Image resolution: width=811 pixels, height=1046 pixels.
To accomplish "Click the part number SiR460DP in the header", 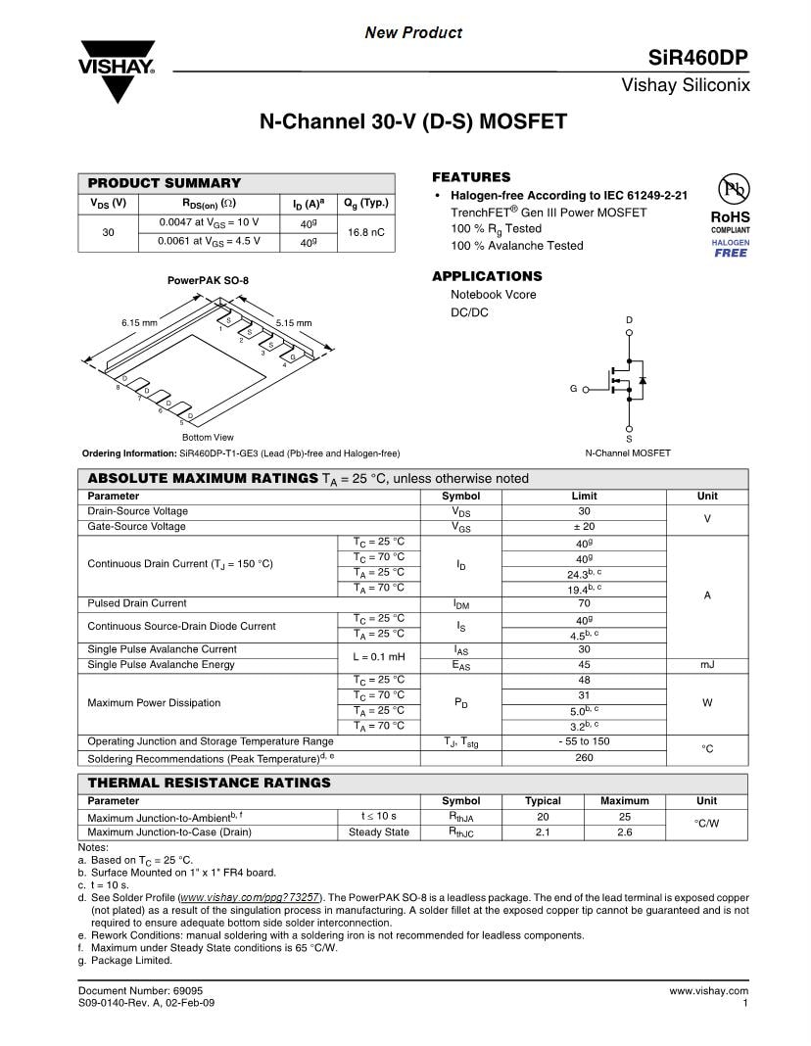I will pyautogui.click(x=698, y=58).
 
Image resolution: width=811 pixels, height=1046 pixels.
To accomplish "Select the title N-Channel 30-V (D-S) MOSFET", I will pyautogui.click(x=412, y=122).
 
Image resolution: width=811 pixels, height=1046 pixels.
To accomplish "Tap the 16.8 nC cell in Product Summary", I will pyautogui.click(x=365, y=233).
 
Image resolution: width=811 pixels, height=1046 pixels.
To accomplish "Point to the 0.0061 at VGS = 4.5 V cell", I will pyautogui.click(x=209, y=241).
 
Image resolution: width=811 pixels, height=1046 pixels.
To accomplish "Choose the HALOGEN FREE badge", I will pyautogui.click(x=730, y=248).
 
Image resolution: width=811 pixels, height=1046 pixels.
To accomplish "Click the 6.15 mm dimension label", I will pyautogui.click(x=139, y=322).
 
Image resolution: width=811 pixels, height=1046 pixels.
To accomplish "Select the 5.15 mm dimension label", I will pyautogui.click(x=293, y=322).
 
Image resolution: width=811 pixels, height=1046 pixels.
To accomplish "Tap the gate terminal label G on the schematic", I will pyautogui.click(x=573, y=389).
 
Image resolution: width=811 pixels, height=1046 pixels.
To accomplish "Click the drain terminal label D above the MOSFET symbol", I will pyautogui.click(x=629, y=320).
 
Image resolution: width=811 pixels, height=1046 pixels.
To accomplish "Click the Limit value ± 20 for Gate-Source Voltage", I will pyautogui.click(x=584, y=527).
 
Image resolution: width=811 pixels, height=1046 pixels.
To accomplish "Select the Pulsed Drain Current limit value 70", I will pyautogui.click(x=584, y=603).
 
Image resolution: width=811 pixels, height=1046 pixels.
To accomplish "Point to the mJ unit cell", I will pyautogui.click(x=706, y=665).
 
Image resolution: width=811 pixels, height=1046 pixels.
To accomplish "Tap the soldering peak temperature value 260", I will pyautogui.click(x=584, y=757).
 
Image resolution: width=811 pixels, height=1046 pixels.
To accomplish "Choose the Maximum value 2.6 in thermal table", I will pyautogui.click(x=624, y=832).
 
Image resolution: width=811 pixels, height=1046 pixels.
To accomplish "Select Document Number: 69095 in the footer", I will pyautogui.click(x=141, y=991).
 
